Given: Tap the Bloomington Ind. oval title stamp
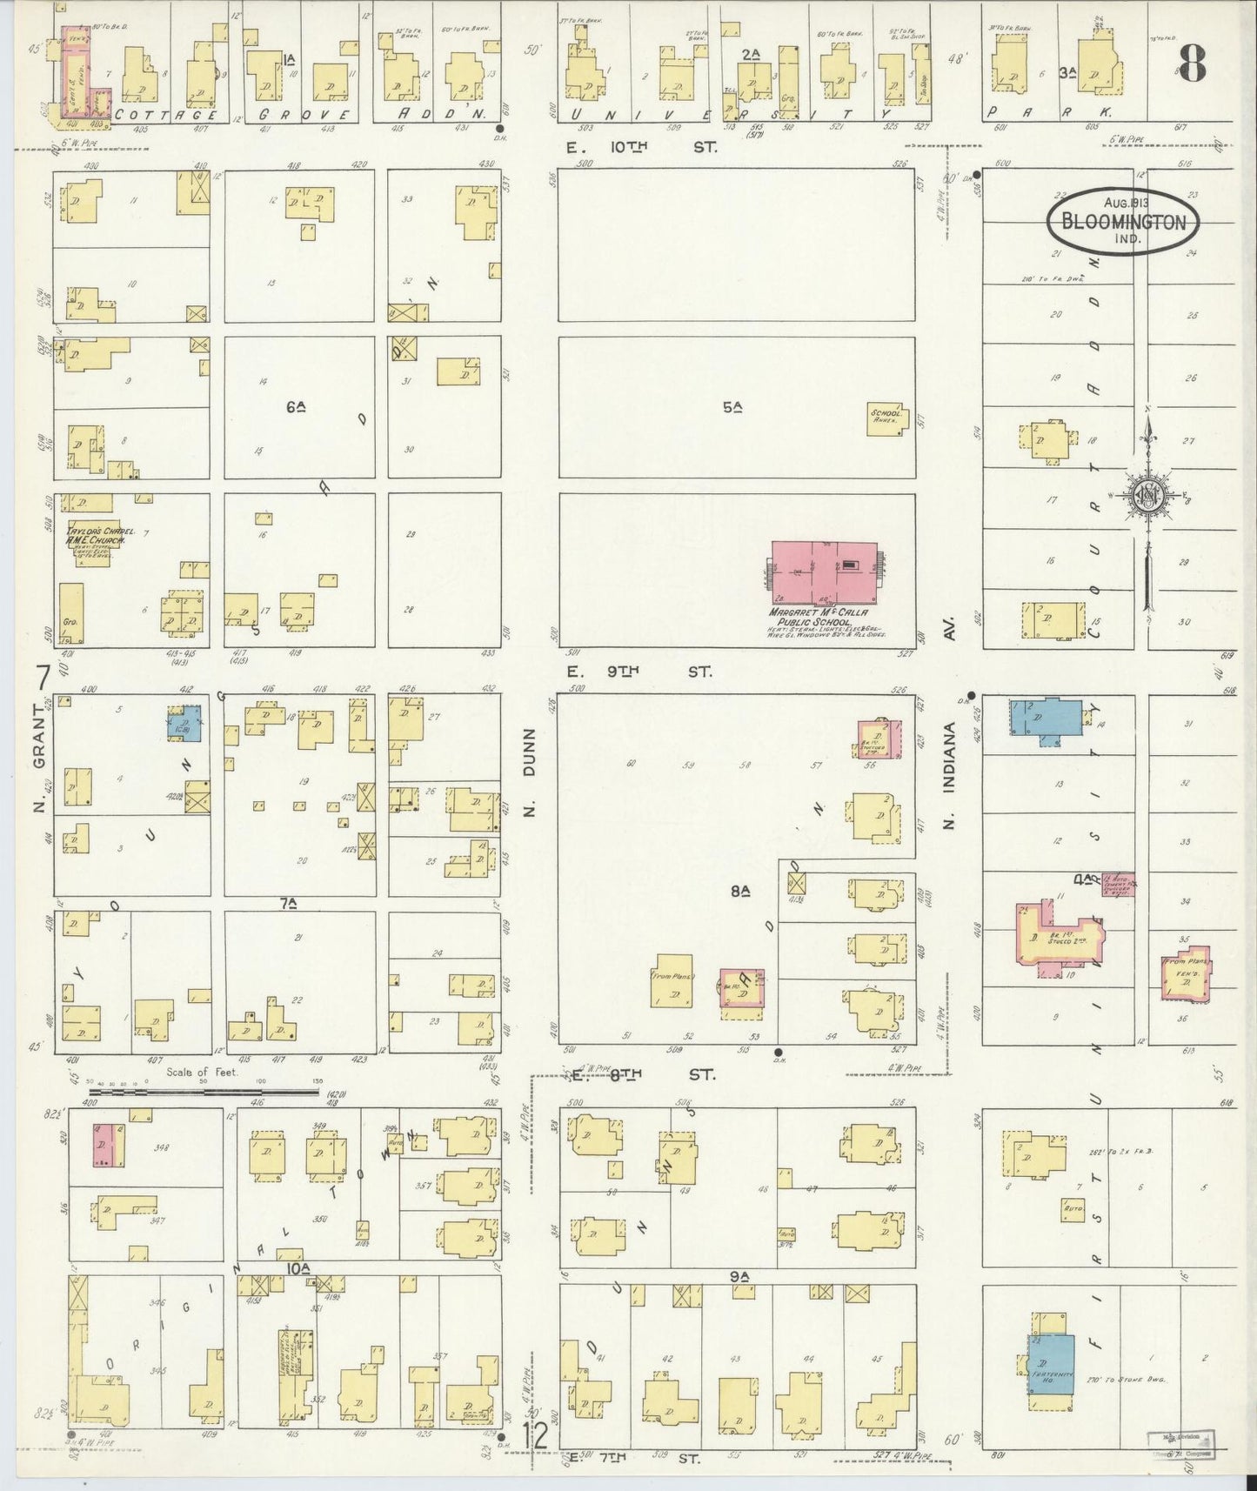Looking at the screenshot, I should tap(1121, 223).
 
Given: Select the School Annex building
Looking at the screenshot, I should tap(886, 418).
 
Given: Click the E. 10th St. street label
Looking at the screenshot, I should tap(642, 148).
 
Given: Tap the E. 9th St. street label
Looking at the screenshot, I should tap(639, 672).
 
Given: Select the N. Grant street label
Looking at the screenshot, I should tap(38, 783).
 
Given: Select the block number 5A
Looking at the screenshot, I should tap(732, 406).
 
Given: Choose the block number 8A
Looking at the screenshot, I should tap(740, 891).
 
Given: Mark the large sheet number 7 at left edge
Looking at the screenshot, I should tap(42, 677).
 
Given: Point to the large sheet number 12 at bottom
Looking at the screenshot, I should tap(536, 1435).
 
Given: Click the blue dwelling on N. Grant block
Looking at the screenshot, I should tap(185, 723).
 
